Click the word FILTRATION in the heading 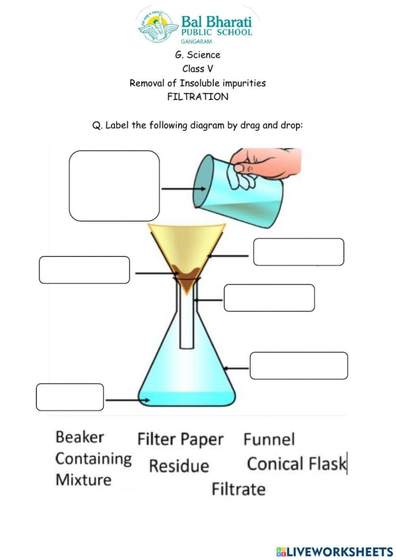click(x=198, y=97)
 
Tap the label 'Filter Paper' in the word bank click(x=180, y=439)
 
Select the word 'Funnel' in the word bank click(x=269, y=439)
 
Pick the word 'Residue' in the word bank click(x=179, y=466)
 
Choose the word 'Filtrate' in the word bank click(x=238, y=489)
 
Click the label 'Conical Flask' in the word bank click(x=296, y=464)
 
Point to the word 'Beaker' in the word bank click(x=80, y=437)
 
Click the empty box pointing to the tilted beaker click(x=114, y=186)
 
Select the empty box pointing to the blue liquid click(x=70, y=397)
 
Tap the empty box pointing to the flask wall click(x=299, y=366)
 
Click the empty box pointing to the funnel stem click(x=269, y=298)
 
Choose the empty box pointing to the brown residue click(x=84, y=270)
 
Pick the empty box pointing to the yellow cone click(x=298, y=252)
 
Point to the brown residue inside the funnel click(x=186, y=275)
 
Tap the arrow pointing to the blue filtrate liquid click(x=128, y=401)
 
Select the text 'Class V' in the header click(x=197, y=69)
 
